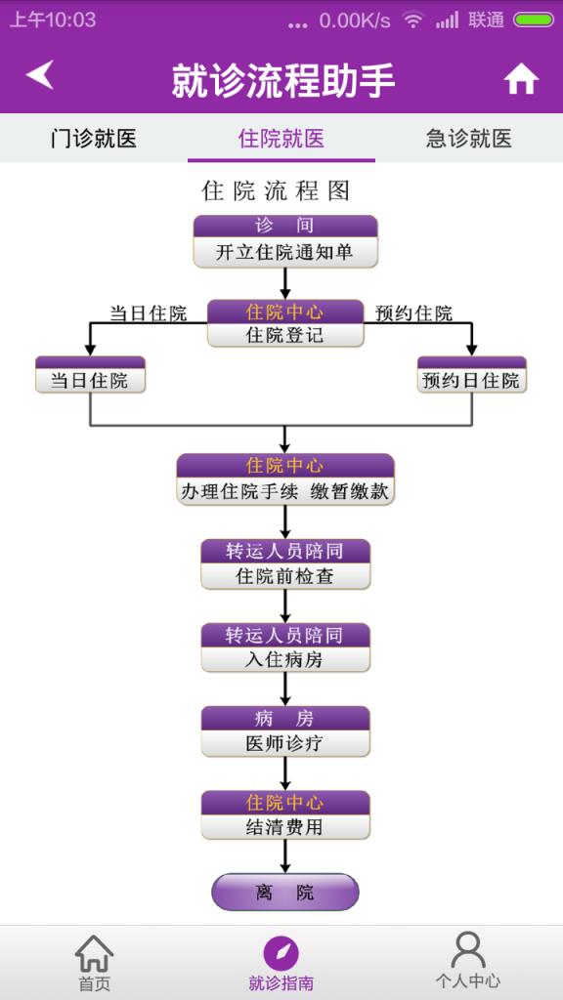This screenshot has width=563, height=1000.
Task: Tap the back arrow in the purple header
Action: (x=40, y=75)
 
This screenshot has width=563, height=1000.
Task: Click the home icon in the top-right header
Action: (x=521, y=79)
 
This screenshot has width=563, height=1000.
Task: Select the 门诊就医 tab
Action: (x=94, y=138)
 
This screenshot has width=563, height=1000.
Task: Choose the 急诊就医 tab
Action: (x=469, y=138)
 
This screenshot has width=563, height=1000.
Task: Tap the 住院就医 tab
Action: (x=281, y=138)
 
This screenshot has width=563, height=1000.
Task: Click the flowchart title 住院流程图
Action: (x=276, y=190)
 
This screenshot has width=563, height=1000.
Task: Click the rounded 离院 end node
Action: (x=284, y=892)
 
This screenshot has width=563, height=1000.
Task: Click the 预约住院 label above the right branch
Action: (x=414, y=313)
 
